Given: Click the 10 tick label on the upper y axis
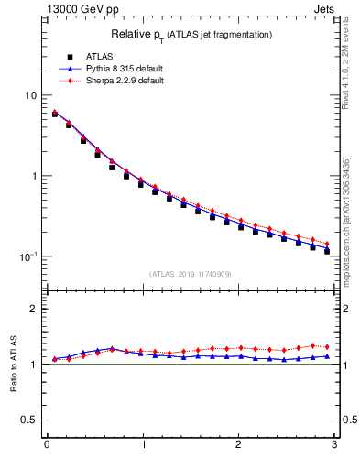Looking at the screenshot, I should click(29, 95).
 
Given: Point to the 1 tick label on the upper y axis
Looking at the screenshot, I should click(33, 176).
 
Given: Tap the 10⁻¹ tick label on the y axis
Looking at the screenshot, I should click(27, 256).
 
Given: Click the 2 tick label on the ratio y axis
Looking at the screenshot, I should click(33, 309).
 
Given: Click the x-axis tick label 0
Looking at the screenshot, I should click(46, 445).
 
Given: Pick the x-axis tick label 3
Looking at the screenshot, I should click(334, 445).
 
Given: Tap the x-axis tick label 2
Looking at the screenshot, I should click(238, 445).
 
